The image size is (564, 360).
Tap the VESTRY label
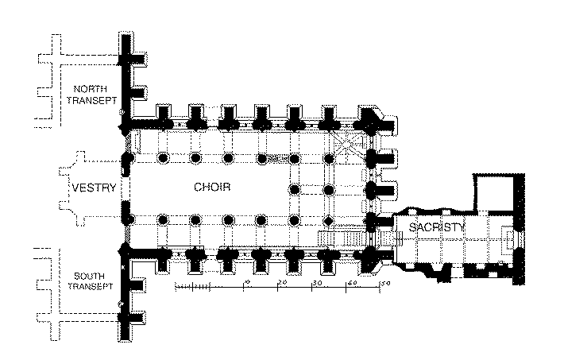click(x=95, y=188)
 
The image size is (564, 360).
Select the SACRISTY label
click(x=435, y=228)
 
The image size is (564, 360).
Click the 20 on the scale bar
click(x=282, y=282)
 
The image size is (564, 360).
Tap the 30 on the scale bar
click(x=317, y=282)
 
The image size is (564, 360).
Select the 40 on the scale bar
click(x=352, y=282)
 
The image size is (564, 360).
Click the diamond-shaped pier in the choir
click(x=328, y=220)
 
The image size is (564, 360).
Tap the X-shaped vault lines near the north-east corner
click(x=347, y=143)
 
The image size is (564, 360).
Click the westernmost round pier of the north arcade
click(x=163, y=157)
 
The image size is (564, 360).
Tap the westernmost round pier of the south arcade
click(x=163, y=219)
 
